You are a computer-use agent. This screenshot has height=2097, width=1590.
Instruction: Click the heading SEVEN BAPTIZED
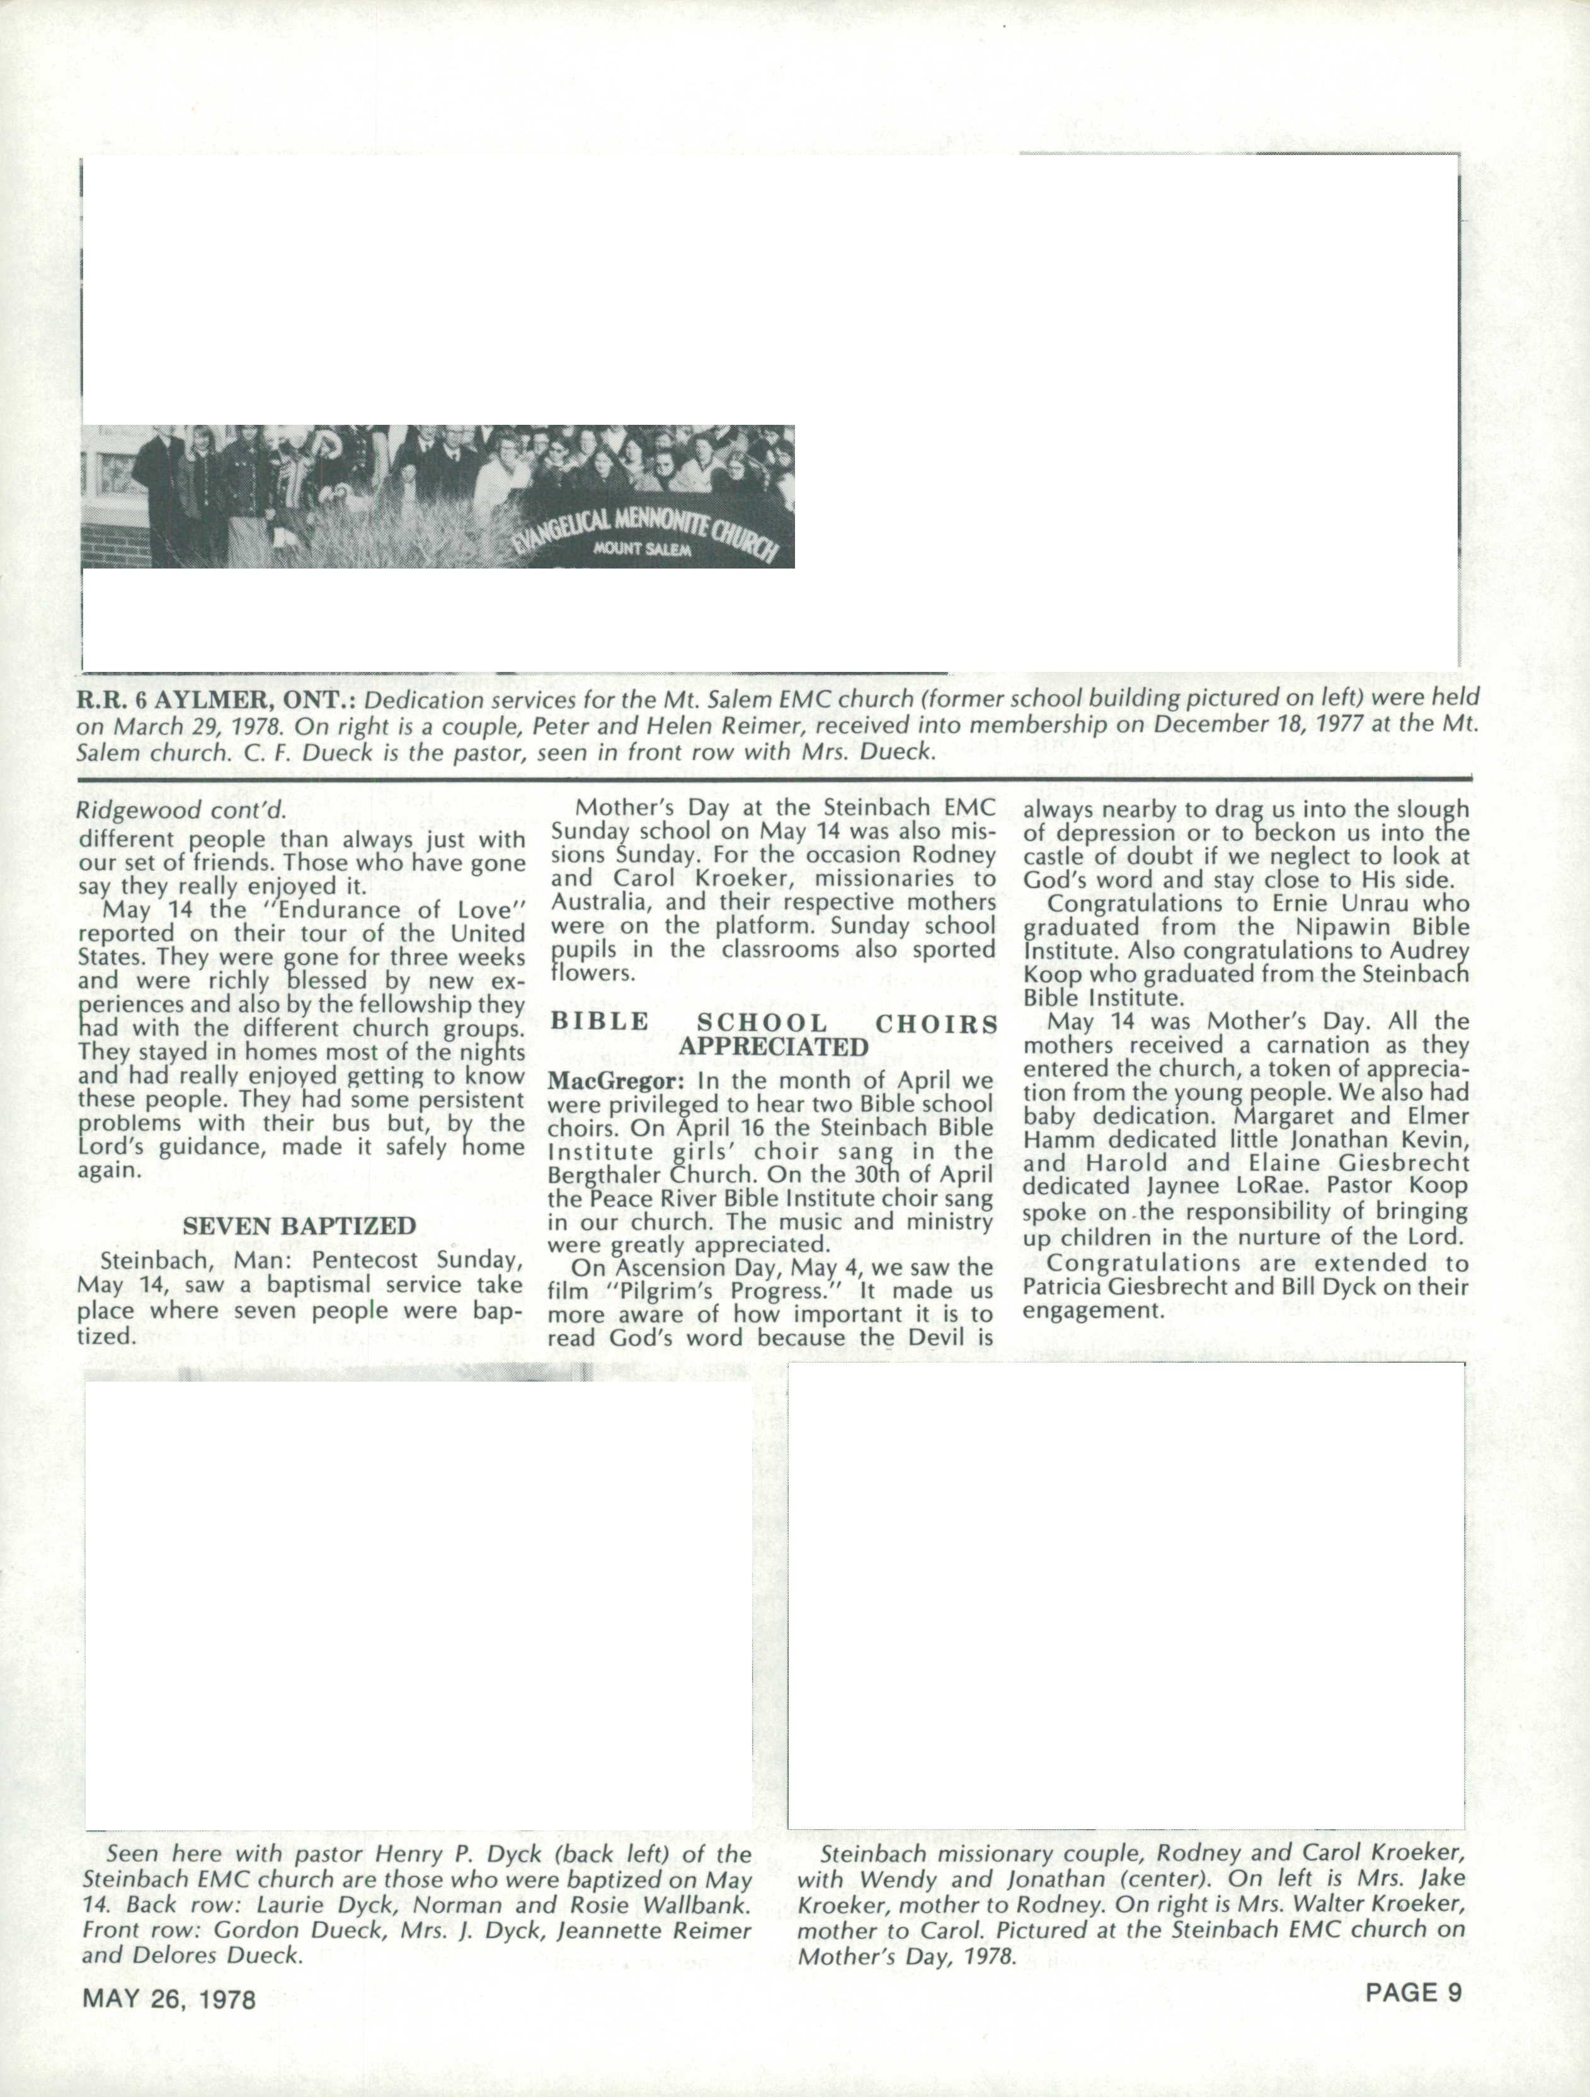pos(299,1226)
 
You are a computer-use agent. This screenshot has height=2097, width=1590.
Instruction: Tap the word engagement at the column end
pos(1092,1311)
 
